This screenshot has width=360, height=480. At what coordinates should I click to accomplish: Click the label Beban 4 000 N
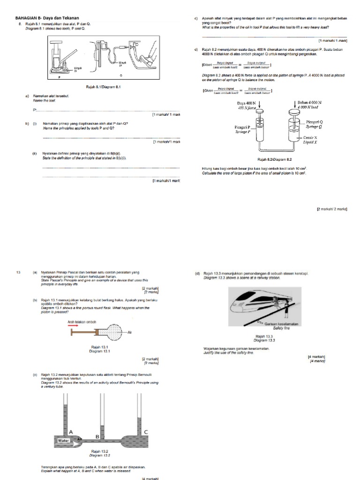[311, 102]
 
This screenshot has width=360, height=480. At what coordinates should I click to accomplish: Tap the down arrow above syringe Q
[294, 111]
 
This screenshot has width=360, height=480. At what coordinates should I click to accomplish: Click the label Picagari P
[243, 127]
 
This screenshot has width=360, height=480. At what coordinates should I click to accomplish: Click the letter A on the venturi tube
[71, 432]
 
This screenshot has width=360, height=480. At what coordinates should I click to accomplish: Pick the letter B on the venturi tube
[97, 436]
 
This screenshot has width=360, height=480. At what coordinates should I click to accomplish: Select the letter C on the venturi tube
[146, 432]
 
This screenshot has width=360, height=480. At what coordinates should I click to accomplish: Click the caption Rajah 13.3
[260, 336]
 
